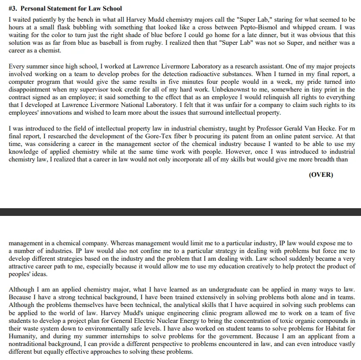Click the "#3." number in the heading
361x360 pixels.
tap(13, 8)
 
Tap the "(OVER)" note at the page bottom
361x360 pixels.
tap(321, 174)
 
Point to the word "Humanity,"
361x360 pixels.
tap(24, 336)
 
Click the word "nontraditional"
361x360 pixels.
tap(34, 344)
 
